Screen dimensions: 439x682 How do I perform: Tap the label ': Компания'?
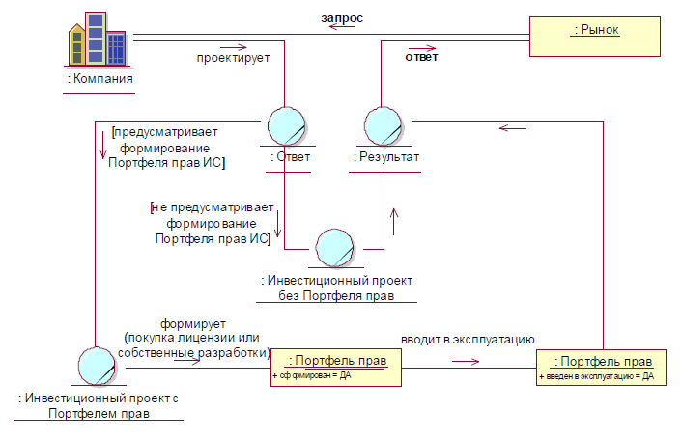tap(99, 78)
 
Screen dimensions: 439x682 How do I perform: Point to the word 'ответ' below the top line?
tap(420, 57)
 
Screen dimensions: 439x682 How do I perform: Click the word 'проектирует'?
tap(233, 57)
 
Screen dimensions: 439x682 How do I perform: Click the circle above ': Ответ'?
tap(286, 127)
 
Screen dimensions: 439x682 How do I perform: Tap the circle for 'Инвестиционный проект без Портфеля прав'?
tap(336, 246)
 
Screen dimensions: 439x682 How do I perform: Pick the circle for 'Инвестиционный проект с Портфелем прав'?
tap(98, 367)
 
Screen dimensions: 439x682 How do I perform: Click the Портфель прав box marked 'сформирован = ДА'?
tap(335, 367)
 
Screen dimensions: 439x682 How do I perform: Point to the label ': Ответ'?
tap(286, 155)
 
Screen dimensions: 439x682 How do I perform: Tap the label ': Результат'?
tap(384, 155)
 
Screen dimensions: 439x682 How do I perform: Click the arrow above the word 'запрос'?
tap(341, 28)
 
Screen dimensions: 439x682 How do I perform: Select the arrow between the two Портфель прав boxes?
tap(466, 362)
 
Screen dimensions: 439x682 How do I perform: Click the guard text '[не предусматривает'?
tap(213, 206)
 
